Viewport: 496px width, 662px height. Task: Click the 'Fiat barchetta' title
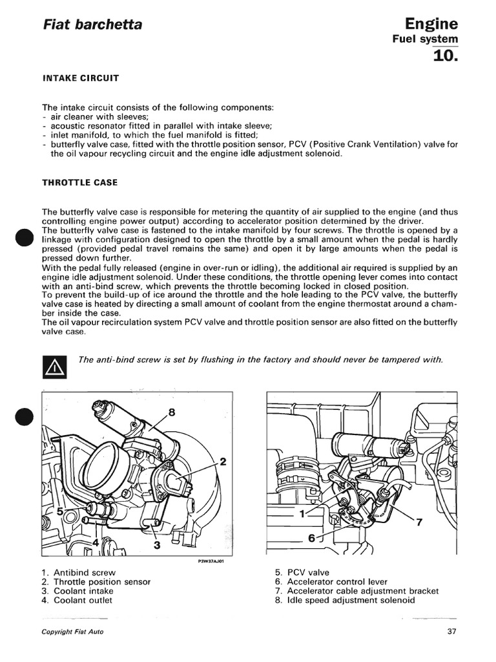[x=92, y=25]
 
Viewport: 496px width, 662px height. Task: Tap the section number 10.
[x=444, y=56]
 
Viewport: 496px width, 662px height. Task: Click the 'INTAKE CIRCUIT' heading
[x=80, y=78]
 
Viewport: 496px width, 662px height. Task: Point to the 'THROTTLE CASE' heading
[x=79, y=182]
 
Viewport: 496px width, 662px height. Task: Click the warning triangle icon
[x=52, y=368]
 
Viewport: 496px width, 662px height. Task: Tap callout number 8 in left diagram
[x=172, y=412]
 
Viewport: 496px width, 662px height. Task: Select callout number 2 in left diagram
[x=223, y=462]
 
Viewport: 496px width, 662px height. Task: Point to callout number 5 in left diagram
[x=60, y=511]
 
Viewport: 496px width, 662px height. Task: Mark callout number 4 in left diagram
[x=96, y=524]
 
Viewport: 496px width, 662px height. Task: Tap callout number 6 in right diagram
[x=311, y=538]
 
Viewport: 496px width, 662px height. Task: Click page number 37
[x=451, y=632]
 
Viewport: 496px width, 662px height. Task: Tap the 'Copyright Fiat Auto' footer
[x=72, y=632]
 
